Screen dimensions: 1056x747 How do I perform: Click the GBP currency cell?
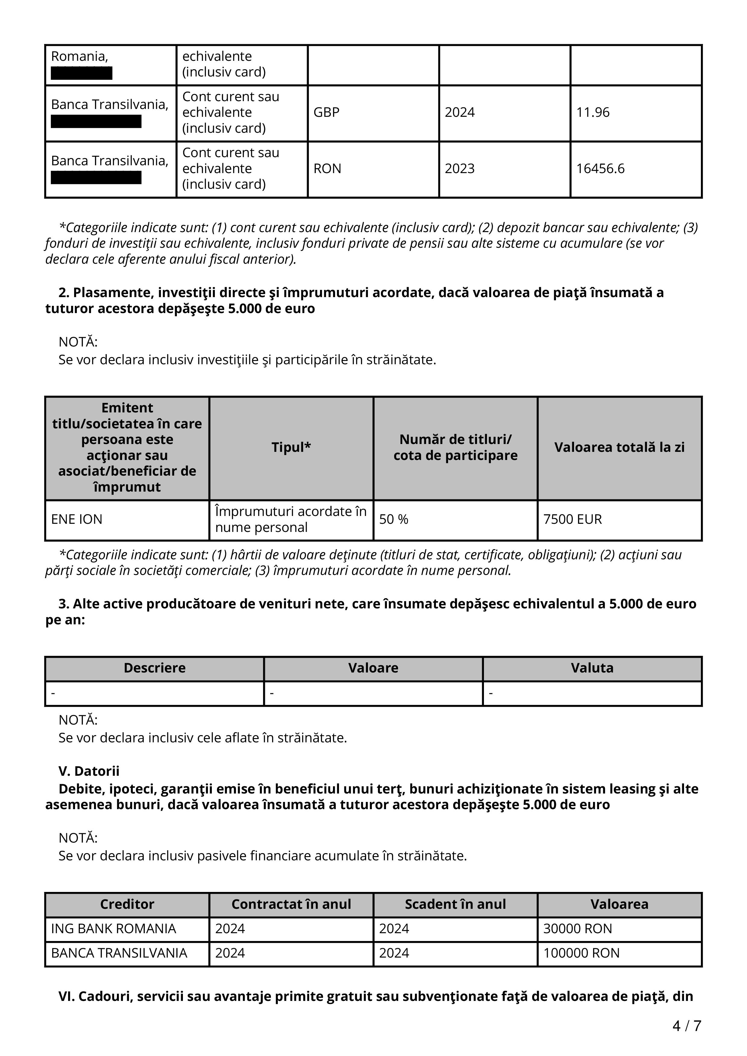(x=326, y=112)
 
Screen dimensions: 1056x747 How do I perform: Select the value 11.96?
(x=593, y=112)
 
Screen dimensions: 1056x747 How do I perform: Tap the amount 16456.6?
(x=600, y=169)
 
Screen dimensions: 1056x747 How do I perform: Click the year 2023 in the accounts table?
(x=459, y=169)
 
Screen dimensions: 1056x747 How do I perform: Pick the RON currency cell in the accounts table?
(x=327, y=169)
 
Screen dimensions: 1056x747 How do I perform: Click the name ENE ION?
(x=77, y=519)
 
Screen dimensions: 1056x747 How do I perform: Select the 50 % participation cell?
(x=394, y=519)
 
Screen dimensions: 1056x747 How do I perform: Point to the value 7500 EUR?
(x=573, y=519)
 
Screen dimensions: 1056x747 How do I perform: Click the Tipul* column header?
(x=291, y=448)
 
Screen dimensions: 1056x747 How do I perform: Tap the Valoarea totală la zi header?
(x=619, y=448)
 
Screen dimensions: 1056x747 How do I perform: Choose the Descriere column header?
(x=155, y=668)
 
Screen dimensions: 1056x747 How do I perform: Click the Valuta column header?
(x=592, y=668)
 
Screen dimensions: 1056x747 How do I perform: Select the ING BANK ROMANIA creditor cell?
(x=113, y=929)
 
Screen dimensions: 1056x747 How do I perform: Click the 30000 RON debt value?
(x=578, y=929)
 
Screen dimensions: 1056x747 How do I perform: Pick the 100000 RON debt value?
(x=581, y=953)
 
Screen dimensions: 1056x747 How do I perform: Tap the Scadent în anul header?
(x=455, y=904)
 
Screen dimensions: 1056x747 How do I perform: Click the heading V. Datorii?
(x=89, y=771)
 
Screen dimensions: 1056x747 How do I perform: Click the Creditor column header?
(x=127, y=904)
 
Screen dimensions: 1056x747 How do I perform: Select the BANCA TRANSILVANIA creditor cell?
(x=119, y=953)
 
